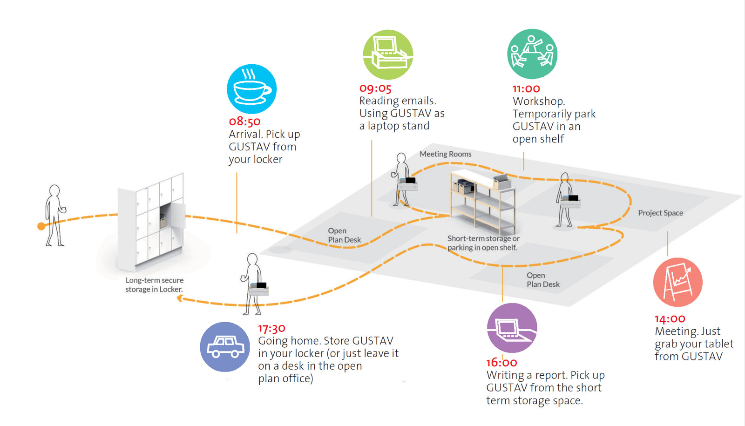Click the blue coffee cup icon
pos(251,89)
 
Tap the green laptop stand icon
pos(388,54)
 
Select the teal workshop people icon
pos(532,54)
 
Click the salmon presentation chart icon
pos(677,282)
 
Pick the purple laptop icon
pos(512,328)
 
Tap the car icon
pos(225,347)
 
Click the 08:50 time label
pos(244,122)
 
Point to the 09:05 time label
pos(375,88)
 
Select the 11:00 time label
pos(526,89)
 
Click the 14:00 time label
pos(670,319)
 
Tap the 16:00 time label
pos(501,362)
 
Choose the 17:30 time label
pos(271,329)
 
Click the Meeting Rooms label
pos(445,154)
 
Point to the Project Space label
pos(660,213)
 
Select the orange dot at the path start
pos(41,226)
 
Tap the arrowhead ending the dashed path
pos(180,298)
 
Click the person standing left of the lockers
pos(54,215)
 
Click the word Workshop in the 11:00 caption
pos(538,101)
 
